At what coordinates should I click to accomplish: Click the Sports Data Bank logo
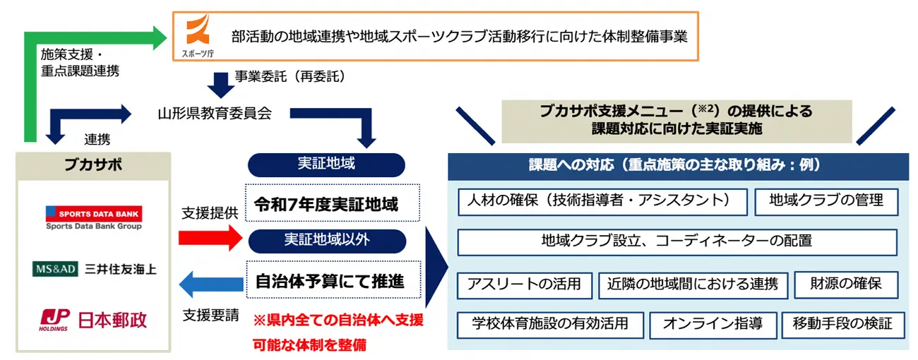93,217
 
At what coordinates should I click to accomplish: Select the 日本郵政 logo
93,319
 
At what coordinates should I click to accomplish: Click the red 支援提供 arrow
210,239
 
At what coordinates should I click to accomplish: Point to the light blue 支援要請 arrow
210,285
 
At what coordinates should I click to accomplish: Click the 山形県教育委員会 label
214,112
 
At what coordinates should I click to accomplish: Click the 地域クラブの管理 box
826,201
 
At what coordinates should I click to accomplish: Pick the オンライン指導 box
712,325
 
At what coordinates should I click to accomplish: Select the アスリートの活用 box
523,284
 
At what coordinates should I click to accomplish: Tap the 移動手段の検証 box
842,325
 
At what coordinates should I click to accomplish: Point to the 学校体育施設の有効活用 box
550,325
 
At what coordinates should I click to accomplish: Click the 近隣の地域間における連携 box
692,284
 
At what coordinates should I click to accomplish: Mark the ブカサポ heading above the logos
93,165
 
